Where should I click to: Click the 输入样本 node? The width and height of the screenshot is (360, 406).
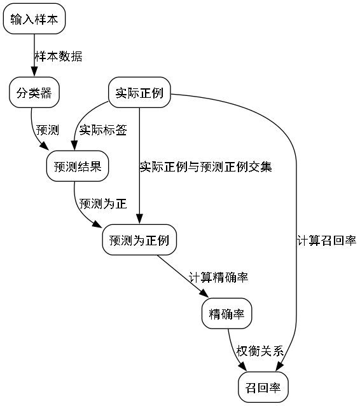click(34, 20)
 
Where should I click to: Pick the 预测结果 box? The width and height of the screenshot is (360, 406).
click(78, 167)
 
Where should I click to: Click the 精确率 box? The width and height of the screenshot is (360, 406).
click(227, 313)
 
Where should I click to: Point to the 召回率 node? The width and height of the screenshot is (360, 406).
click(263, 387)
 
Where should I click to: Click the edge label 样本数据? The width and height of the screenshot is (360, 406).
click(58, 57)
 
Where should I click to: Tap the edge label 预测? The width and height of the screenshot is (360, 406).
click(48, 130)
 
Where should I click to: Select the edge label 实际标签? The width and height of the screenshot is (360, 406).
click(102, 130)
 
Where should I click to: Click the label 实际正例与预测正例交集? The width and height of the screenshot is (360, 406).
click(206, 167)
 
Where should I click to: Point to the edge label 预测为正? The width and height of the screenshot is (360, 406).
click(102, 204)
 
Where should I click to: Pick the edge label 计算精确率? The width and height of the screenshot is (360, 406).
click(218, 277)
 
